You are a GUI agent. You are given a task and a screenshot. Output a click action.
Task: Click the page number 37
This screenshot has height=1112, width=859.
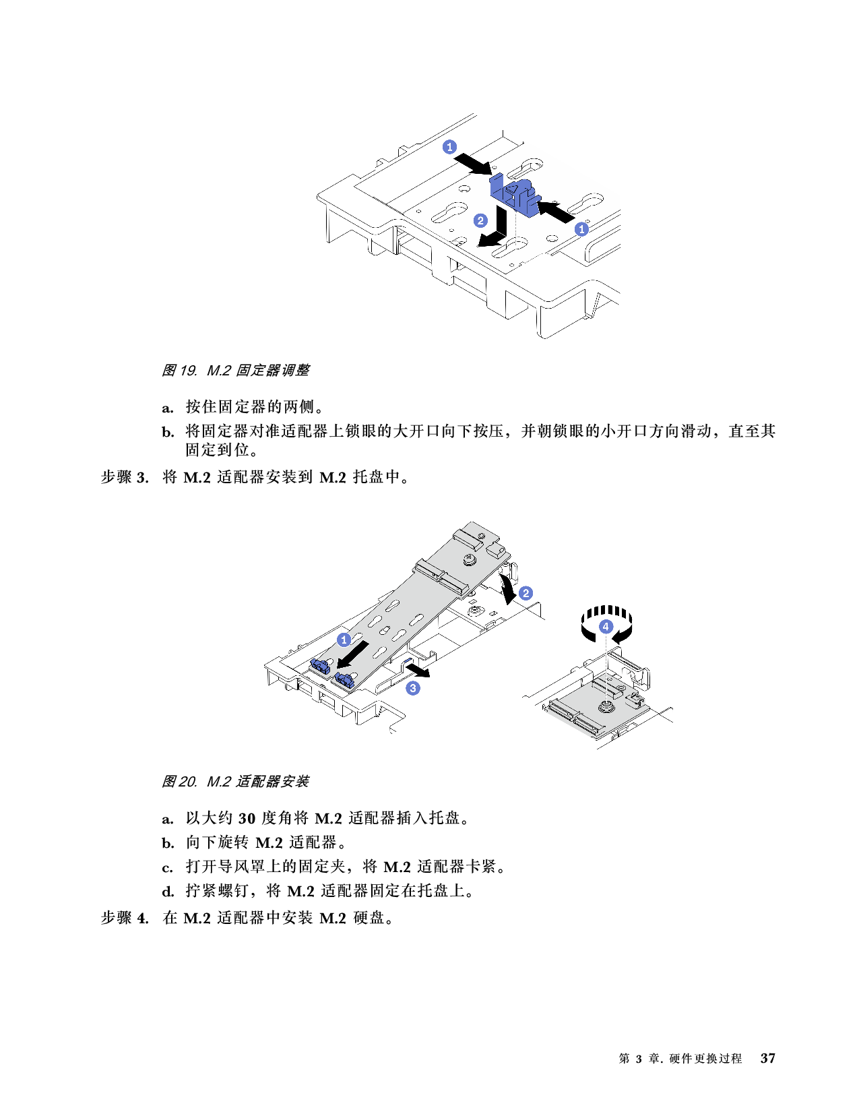click(x=767, y=1058)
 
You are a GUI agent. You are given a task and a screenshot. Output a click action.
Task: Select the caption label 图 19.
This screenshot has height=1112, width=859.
click(x=179, y=371)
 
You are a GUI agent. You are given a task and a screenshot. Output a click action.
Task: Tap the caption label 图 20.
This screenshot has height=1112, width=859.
click(x=179, y=781)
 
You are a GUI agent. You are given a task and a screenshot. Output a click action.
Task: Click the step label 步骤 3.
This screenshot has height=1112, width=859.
click(x=125, y=477)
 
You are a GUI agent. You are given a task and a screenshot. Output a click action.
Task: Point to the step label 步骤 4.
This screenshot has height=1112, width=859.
click(x=125, y=917)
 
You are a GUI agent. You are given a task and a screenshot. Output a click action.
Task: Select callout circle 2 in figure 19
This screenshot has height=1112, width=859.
click(x=480, y=220)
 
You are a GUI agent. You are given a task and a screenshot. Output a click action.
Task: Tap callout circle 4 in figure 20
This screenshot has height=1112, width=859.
click(x=606, y=626)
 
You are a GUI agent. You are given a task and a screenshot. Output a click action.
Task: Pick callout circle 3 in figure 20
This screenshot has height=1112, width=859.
click(x=413, y=688)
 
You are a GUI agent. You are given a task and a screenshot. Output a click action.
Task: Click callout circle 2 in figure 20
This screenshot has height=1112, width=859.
click(x=526, y=594)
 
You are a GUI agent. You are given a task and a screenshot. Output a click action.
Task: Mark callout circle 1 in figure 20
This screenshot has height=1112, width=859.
click(x=344, y=640)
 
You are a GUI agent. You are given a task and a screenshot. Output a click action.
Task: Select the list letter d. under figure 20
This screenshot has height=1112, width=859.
click(x=168, y=892)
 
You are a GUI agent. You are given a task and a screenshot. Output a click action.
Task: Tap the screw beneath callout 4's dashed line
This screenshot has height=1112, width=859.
click(x=606, y=707)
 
